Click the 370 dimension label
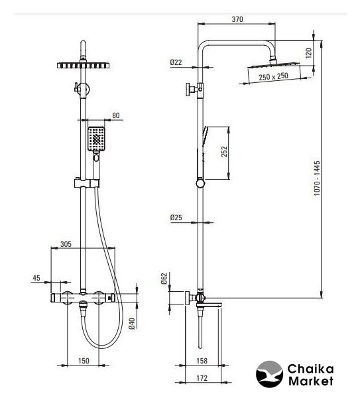[x=237, y=19]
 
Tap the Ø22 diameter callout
[x=176, y=62]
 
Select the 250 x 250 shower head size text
[x=273, y=76]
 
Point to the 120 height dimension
[x=308, y=53]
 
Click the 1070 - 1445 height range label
[x=317, y=178]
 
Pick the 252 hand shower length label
[x=224, y=151]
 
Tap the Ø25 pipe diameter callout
[x=176, y=218]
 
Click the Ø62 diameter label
[x=164, y=279]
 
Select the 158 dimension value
[x=202, y=361]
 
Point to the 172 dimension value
[x=202, y=378]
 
